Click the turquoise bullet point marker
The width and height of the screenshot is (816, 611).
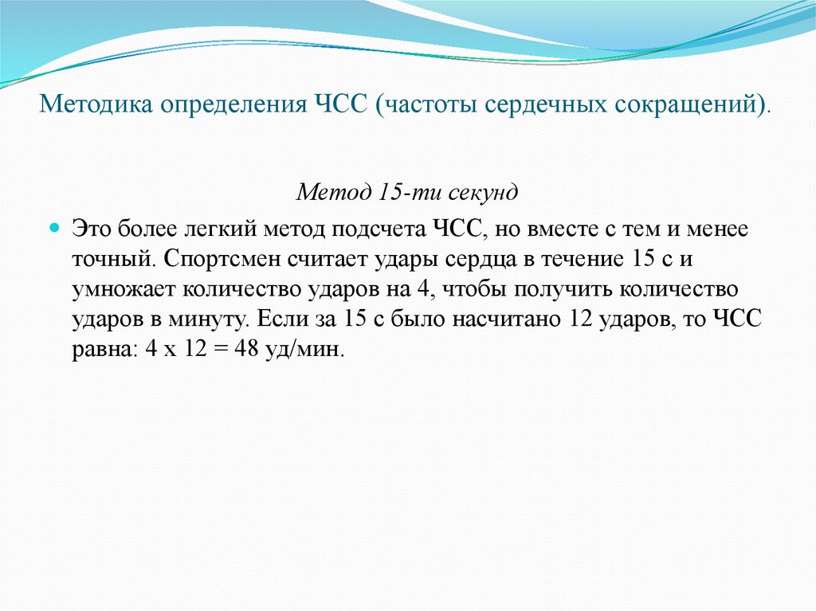tap(55, 228)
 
